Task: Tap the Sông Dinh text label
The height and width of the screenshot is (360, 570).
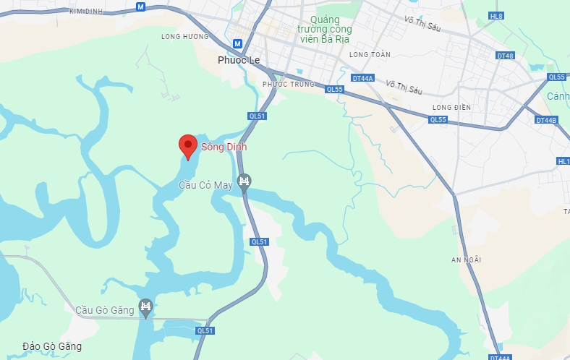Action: pos(224,147)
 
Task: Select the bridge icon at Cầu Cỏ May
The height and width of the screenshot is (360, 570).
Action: pos(244,181)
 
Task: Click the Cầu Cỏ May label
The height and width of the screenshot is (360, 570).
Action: pos(206,186)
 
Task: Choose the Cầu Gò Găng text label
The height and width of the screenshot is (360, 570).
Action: pos(106,310)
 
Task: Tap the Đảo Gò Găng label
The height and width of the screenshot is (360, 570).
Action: pos(51,346)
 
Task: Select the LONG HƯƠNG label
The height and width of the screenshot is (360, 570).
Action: pos(180,35)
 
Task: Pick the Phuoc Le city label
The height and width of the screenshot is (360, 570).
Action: pos(239,60)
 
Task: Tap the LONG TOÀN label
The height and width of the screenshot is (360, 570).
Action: pos(370,54)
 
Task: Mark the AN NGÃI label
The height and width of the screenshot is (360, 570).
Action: pos(466,260)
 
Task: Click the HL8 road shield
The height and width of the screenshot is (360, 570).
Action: pos(495,15)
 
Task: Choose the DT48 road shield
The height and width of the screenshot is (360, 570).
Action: pos(505,56)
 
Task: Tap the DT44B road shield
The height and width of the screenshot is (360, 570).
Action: pos(546,120)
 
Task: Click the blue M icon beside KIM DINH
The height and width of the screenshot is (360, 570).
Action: pos(140,6)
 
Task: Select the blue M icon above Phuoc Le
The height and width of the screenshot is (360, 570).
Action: pos(237,43)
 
